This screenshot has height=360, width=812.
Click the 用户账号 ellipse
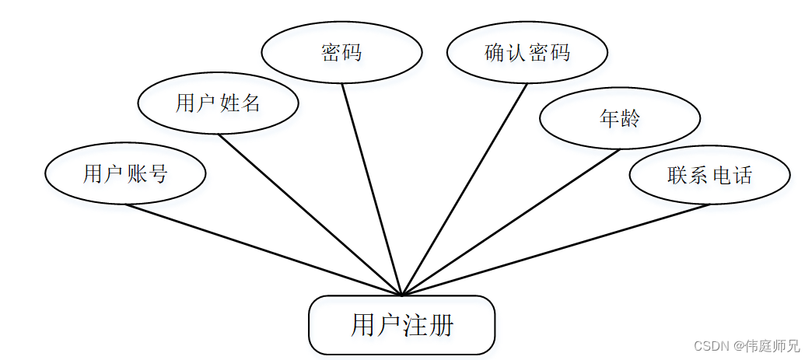(x=125, y=173)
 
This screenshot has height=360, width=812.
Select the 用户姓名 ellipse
(x=217, y=103)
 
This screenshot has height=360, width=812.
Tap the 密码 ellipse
(x=341, y=52)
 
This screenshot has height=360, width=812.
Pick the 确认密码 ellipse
(x=527, y=52)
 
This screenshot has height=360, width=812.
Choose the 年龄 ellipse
(x=619, y=118)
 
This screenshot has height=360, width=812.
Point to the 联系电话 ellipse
(x=709, y=175)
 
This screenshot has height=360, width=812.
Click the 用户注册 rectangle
(x=401, y=325)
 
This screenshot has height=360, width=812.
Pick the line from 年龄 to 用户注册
(x=510, y=222)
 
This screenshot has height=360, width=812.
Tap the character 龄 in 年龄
(x=630, y=118)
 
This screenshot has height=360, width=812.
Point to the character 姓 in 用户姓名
(x=229, y=103)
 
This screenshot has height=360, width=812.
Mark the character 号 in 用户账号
(x=157, y=173)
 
